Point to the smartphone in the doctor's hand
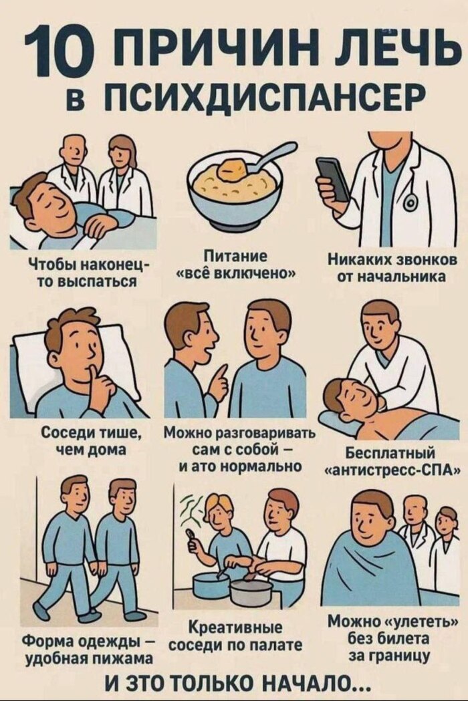pos(334,179)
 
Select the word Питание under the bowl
pos(235,257)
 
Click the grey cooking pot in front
pos(251,593)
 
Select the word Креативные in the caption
pos(235,627)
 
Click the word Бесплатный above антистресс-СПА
pos(391,454)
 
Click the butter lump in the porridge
pos(232,170)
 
